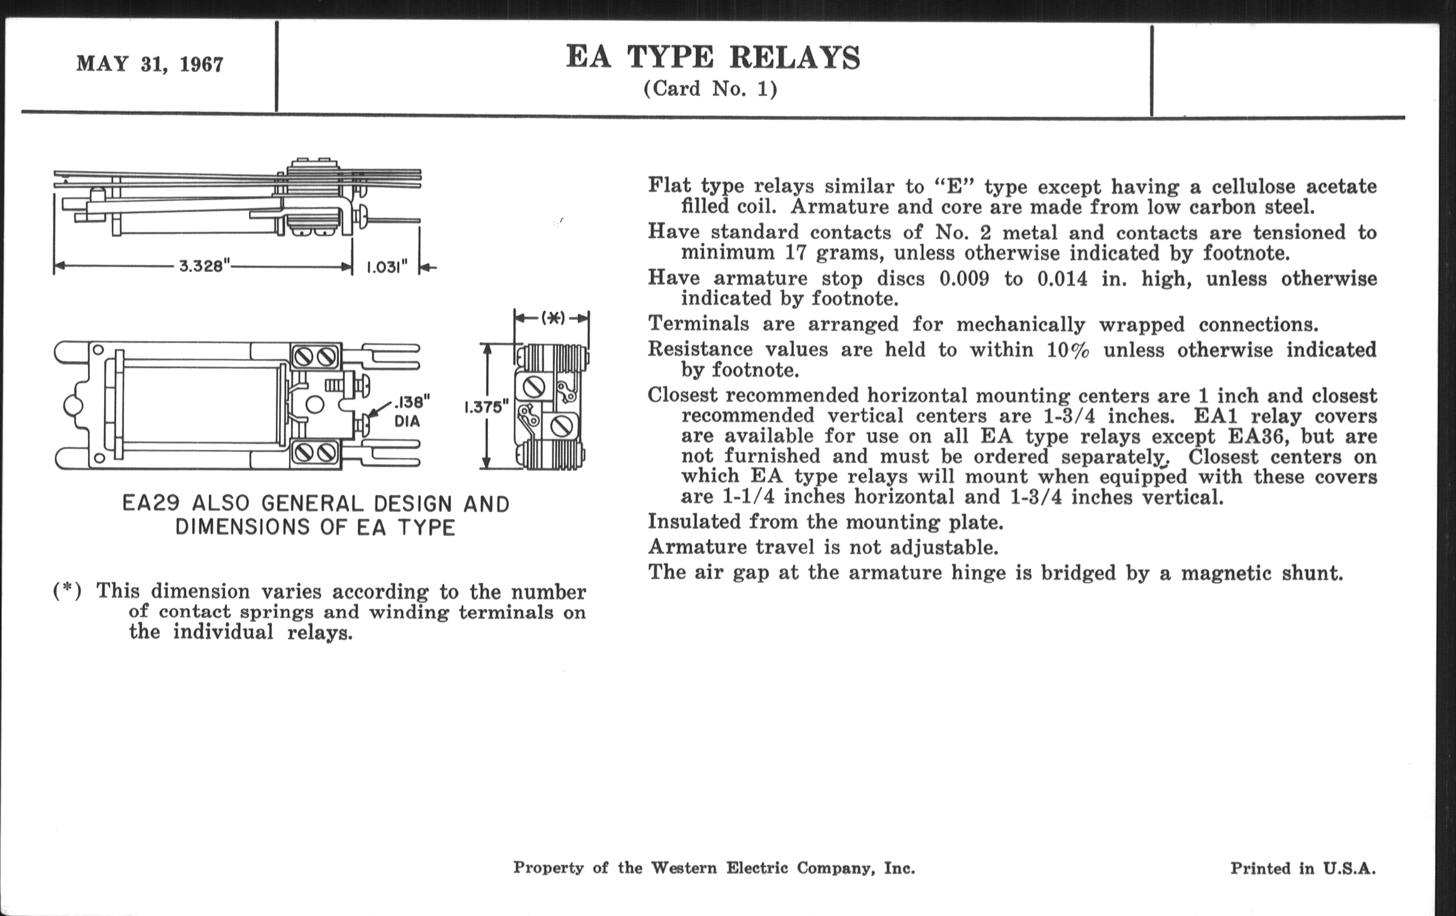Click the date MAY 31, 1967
pos(149,64)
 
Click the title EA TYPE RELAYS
pos(713,58)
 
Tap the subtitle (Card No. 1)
pos(710,89)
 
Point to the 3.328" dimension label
pos(205,266)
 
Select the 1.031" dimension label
pos(387,266)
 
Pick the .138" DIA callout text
pos(409,411)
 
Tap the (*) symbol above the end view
pos(553,317)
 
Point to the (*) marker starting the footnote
pos(67,590)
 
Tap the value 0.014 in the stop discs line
pos(1063,279)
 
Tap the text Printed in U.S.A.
pos(1302,868)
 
